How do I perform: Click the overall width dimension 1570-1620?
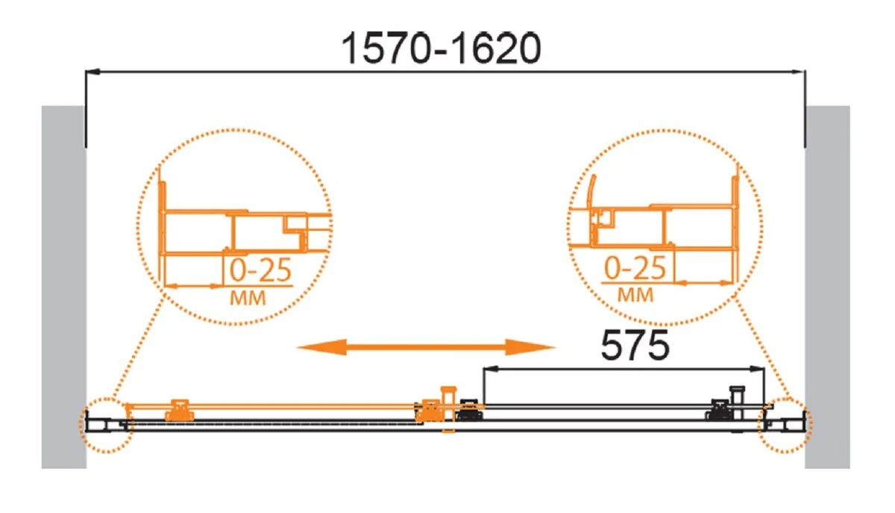(x=442, y=49)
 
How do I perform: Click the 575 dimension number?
(x=635, y=345)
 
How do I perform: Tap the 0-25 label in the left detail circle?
(x=260, y=270)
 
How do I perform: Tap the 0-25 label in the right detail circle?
(x=635, y=268)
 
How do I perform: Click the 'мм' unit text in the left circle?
(x=248, y=298)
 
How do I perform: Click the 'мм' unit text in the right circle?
(x=635, y=295)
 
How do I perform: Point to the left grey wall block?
(x=64, y=287)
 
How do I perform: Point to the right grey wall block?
(x=827, y=287)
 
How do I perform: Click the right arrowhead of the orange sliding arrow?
(x=530, y=347)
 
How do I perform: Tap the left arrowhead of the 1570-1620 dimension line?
(x=92, y=72)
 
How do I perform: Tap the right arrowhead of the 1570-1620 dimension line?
(x=798, y=72)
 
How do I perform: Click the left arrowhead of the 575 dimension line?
(x=491, y=369)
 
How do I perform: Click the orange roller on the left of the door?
(x=179, y=410)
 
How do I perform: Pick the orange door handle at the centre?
(x=448, y=409)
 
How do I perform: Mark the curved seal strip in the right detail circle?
(x=591, y=192)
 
